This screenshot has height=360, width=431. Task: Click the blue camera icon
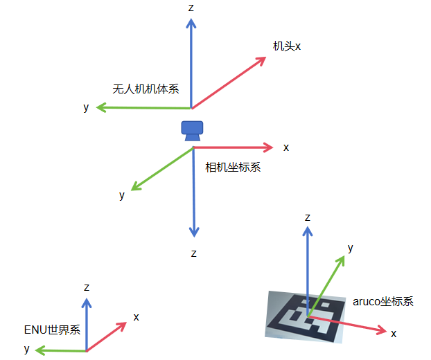tap(192, 130)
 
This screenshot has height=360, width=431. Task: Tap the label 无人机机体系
tap(146, 89)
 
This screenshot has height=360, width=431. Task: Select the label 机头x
tap(287, 46)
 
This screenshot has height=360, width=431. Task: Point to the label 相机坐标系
tap(233, 167)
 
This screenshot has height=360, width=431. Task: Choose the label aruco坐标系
tap(382, 301)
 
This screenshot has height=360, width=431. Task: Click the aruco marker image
tap(306, 316)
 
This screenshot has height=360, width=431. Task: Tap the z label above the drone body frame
tap(191, 7)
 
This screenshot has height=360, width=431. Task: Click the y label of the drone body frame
tap(86, 107)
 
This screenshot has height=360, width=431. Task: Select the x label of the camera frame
tap(286, 147)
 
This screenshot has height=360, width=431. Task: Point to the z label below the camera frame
tap(194, 253)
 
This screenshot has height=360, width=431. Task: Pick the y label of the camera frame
tap(122, 195)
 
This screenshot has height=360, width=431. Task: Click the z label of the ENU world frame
tap(86, 287)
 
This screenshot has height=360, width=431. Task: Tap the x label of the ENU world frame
tap(137, 317)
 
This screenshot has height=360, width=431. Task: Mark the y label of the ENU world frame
tap(27, 348)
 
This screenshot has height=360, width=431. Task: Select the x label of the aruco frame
tap(394, 334)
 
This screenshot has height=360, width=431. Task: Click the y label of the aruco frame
tap(351, 248)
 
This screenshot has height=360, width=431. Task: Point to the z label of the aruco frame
tap(308, 217)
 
